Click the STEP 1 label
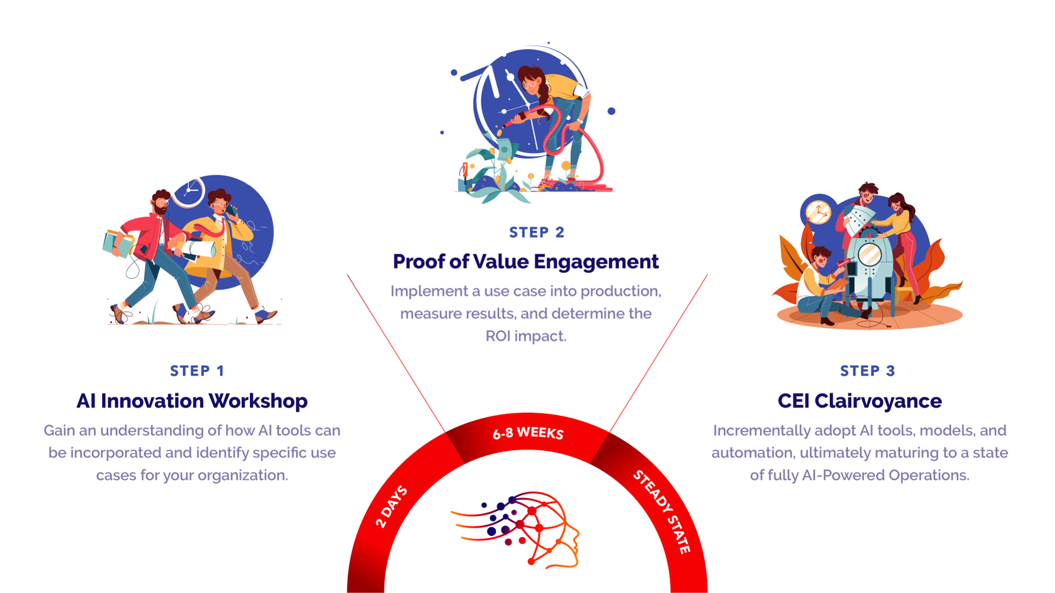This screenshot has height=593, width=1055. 197,371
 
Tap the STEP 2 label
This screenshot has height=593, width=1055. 536,233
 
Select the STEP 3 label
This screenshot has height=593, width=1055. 867,371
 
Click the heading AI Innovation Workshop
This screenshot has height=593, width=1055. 192,401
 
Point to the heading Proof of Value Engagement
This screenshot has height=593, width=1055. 525,262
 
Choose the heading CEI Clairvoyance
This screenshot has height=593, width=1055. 859,401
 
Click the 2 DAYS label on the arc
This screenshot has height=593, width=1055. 391,506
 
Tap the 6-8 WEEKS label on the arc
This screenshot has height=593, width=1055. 528,433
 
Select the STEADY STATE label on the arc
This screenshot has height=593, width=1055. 662,511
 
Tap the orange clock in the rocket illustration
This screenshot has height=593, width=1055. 818,212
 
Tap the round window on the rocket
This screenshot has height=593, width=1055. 870,254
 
